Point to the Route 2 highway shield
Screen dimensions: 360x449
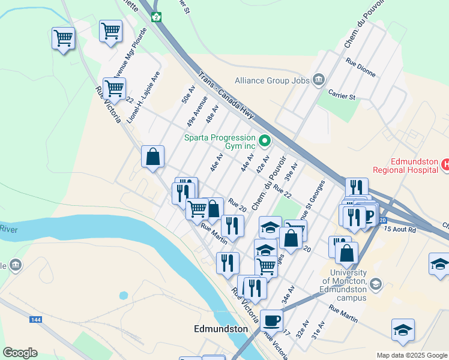[x=156, y=17]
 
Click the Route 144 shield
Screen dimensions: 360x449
[x=35, y=320]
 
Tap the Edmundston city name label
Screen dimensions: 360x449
[x=221, y=329]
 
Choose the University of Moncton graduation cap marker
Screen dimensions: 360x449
[x=375, y=283]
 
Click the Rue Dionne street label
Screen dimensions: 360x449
[x=361, y=67]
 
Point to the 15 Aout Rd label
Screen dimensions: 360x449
[x=399, y=229]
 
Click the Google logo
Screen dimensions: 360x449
[x=20, y=353]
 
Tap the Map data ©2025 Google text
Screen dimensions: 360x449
[x=411, y=355]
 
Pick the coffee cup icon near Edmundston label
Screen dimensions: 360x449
[x=271, y=320]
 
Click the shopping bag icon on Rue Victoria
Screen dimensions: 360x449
[x=153, y=157]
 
